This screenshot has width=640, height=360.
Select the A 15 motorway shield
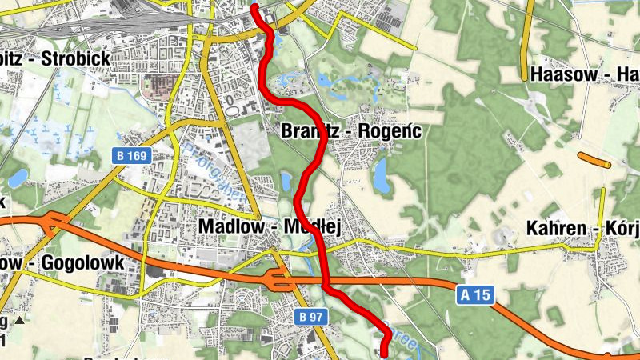(x=474, y=295)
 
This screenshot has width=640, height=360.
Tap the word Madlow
(x=226, y=227)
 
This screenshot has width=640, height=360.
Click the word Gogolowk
(x=85, y=262)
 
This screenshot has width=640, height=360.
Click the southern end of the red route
(x=383, y=354)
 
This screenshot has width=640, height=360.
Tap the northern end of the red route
(x=254, y=6)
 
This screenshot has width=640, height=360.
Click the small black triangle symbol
(x=20, y=320)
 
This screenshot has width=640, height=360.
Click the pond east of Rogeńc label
(x=381, y=172)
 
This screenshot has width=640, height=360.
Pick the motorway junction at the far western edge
(x=48, y=224)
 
